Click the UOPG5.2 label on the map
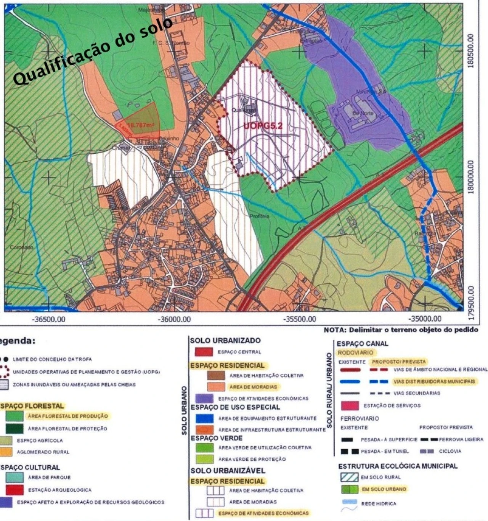(263, 125)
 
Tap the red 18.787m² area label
(140, 124)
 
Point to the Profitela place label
(259, 216)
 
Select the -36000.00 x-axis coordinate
(174, 319)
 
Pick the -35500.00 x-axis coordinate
(300, 319)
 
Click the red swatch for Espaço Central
(204, 352)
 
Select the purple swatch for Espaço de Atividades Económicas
(204, 399)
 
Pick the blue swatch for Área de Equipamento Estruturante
(204, 418)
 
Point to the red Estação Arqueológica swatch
(14, 490)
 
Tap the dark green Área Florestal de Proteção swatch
(14, 428)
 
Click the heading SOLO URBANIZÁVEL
(227, 471)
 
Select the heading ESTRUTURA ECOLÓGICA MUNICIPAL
(398, 466)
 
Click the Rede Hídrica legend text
(379, 504)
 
